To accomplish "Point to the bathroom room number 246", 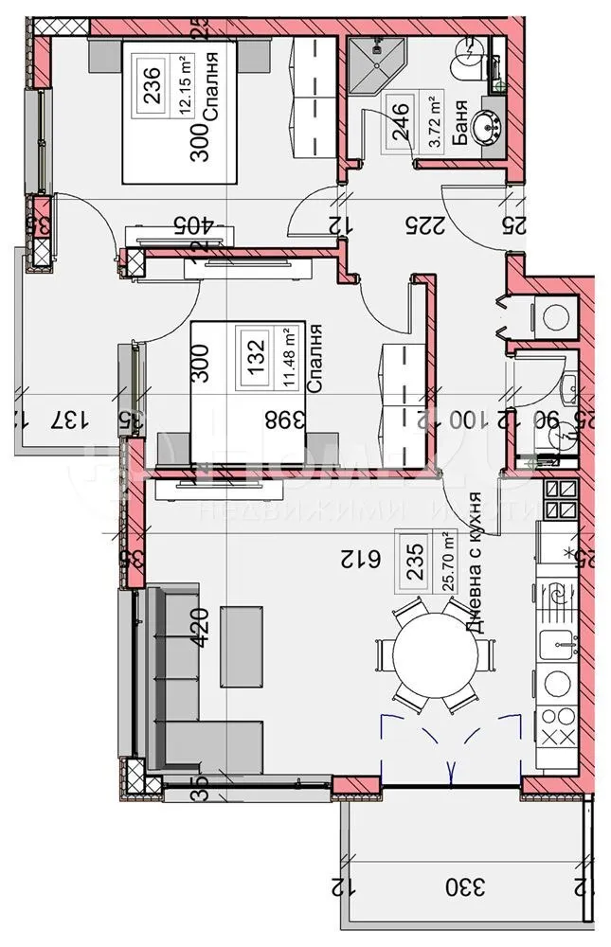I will point(400,122).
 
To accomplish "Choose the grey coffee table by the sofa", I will point(243,647).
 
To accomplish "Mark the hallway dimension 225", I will point(420,224).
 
